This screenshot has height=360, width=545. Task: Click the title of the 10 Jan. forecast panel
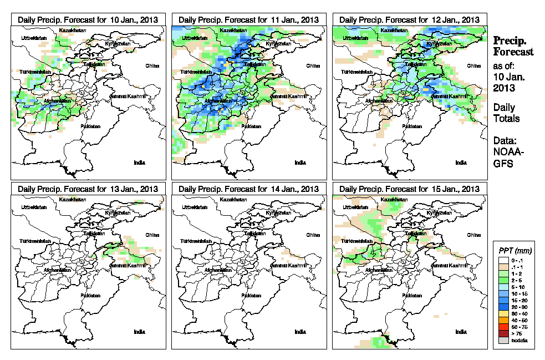pos(88,19)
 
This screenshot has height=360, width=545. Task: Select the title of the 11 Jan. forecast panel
pos(248,19)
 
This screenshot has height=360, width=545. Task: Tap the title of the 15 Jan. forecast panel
pos(409,189)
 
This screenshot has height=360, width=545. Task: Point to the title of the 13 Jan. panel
pos(88,189)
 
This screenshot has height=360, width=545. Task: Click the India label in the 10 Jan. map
pos(139,163)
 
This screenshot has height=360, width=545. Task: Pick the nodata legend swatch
pos(503,341)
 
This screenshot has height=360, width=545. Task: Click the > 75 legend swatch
pos(503,334)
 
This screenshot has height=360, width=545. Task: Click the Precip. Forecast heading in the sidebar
pos(513,46)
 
